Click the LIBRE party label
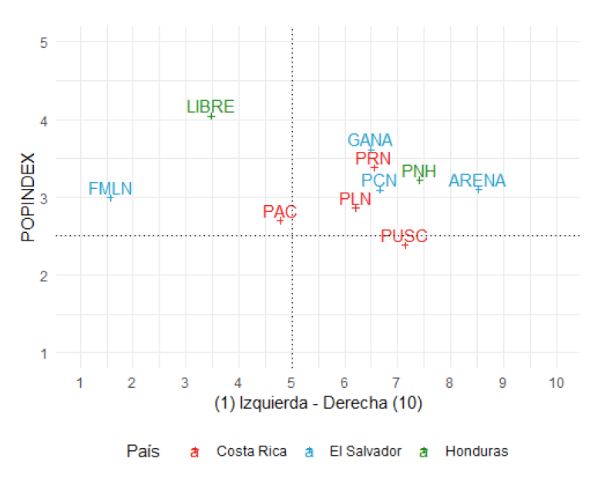pyautogui.click(x=210, y=106)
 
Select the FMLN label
pyautogui.click(x=110, y=188)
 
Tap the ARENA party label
pyautogui.click(x=477, y=180)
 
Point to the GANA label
pyautogui.click(x=370, y=140)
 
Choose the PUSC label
pyautogui.click(x=404, y=236)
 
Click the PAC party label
pyautogui.click(x=280, y=211)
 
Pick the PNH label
pyautogui.click(x=418, y=171)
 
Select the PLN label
pyautogui.click(x=355, y=199)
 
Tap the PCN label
pyautogui.click(x=379, y=180)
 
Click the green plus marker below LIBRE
pyautogui.click(x=211, y=116)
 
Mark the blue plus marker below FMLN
pyautogui.click(x=110, y=198)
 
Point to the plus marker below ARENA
pyautogui.click(x=478, y=190)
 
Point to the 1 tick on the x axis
pyautogui.click(x=80, y=383)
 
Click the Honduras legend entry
pyautogui.click(x=476, y=451)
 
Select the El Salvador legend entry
pyautogui.click(x=364, y=451)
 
